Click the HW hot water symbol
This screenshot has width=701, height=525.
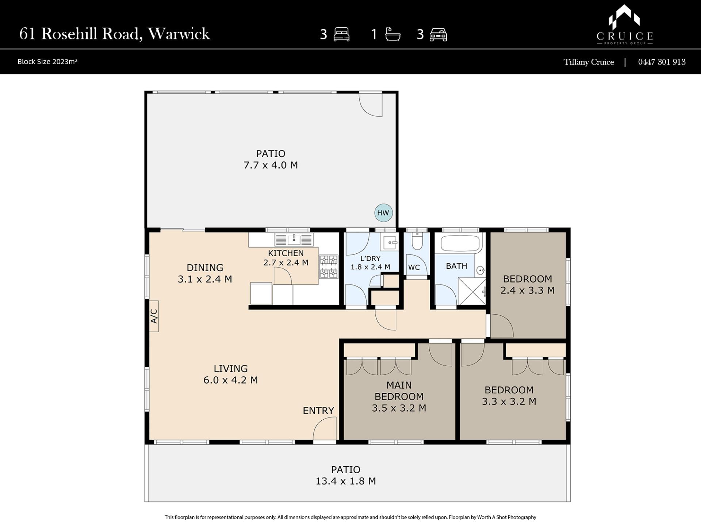tap(383, 213)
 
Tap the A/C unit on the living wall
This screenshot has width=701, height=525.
tap(154, 316)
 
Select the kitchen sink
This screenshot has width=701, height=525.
tap(294, 240)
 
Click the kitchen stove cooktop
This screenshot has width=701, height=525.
tap(329, 267)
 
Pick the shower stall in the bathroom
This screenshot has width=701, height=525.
tap(472, 291)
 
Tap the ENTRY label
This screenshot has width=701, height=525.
tap(318, 411)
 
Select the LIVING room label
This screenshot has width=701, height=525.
tap(231, 369)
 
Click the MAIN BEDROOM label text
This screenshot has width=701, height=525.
tap(399, 391)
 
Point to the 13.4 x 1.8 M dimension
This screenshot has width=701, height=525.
tap(346, 481)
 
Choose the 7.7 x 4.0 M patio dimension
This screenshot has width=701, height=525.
tap(271, 165)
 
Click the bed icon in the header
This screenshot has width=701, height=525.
tap(341, 35)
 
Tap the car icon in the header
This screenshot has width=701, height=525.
tap(438, 35)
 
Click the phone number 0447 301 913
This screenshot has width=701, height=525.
tap(662, 62)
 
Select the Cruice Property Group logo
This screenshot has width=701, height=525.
tap(625, 25)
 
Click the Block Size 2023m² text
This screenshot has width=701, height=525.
tap(47, 62)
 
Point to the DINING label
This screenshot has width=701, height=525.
tap(205, 268)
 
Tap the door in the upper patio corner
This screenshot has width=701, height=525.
tap(371, 105)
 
